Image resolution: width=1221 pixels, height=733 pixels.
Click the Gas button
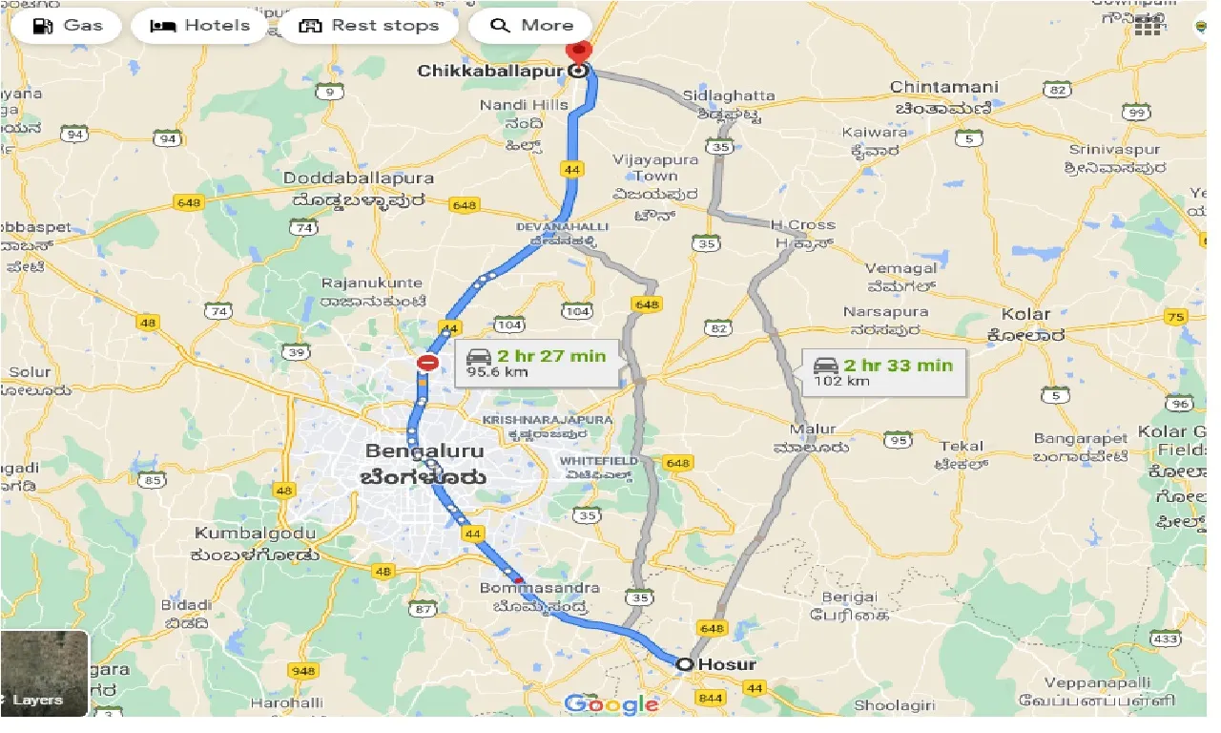click(x=66, y=26)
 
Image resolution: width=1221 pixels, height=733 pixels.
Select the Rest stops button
click(x=369, y=26)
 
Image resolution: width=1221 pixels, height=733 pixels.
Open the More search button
click(x=530, y=26)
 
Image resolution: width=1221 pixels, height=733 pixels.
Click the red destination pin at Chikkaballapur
click(x=578, y=52)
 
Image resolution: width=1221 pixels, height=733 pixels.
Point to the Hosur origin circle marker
click(x=684, y=664)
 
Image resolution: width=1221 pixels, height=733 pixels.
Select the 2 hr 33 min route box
click(x=881, y=371)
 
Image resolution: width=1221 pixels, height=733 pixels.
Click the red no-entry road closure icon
click(x=427, y=363)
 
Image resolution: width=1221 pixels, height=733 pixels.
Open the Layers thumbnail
click(x=45, y=673)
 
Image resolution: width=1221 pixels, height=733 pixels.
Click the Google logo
click(x=610, y=705)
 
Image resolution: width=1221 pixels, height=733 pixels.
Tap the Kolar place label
click(x=1025, y=314)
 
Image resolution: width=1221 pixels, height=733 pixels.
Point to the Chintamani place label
click(x=943, y=87)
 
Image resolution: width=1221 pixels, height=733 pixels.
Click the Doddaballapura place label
click(x=359, y=178)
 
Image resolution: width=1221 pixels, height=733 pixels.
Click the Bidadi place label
click(x=187, y=605)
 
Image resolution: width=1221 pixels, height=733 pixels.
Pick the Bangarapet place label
click(x=1075, y=439)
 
